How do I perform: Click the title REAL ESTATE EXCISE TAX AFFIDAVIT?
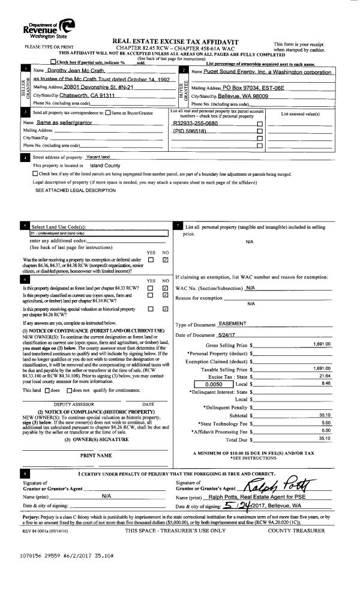[x=179, y=40]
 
